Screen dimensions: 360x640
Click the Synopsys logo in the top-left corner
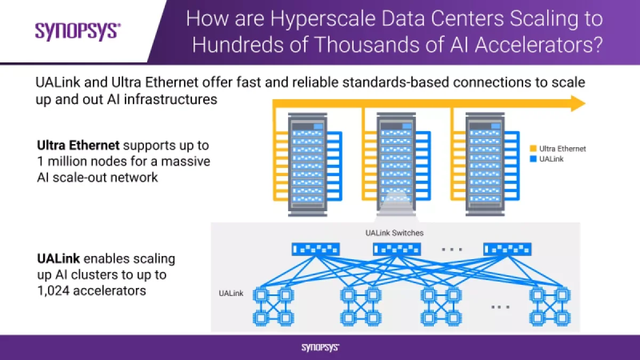coord(78,31)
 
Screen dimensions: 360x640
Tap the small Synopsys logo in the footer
coord(320,348)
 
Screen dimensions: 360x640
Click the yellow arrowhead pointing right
coord(578,103)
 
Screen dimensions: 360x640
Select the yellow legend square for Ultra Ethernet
coord(533,149)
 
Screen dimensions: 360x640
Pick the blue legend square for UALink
coord(533,159)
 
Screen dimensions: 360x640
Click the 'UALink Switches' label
coord(395,233)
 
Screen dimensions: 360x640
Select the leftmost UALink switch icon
coord(316,249)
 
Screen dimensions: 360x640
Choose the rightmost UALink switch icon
coord(507,249)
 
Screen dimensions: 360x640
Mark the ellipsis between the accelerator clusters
coord(500,307)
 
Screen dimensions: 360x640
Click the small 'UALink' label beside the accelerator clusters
coord(231,293)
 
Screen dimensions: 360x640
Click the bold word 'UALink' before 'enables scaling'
coord(59,259)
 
